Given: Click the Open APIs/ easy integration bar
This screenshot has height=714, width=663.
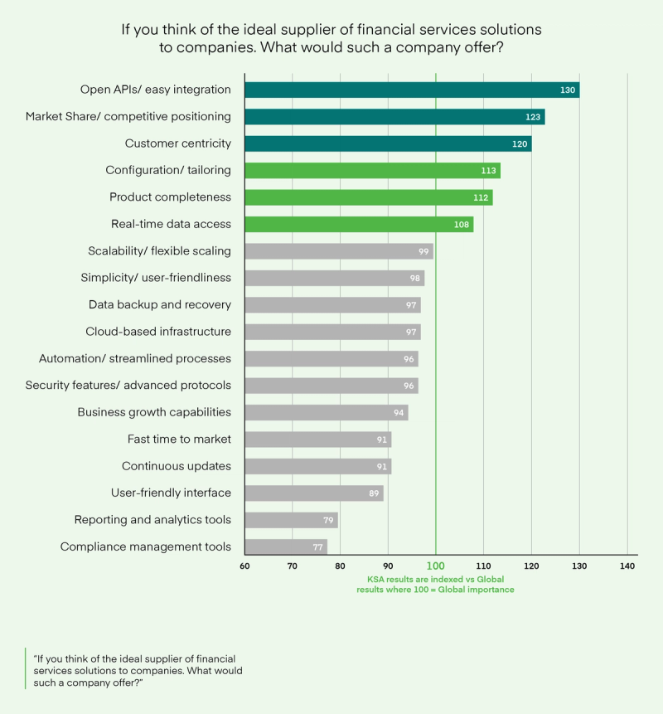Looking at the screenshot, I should click(412, 90).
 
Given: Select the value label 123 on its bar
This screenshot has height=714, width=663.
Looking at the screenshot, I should click(533, 117).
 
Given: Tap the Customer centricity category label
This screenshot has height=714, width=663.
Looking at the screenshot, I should click(178, 143).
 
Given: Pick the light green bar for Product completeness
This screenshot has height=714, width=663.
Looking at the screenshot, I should click(369, 197).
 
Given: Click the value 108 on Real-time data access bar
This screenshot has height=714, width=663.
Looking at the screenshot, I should click(462, 225).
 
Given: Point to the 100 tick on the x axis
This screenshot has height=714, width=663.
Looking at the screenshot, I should click(436, 566).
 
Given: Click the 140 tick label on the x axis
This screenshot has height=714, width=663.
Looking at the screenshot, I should click(627, 566).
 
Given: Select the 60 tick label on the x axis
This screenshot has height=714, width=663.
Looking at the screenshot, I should click(244, 566).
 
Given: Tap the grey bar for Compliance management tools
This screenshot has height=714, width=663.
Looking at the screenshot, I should click(286, 546).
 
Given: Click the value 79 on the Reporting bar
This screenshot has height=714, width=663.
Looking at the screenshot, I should click(328, 520).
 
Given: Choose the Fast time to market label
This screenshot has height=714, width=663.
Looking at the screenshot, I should click(179, 439).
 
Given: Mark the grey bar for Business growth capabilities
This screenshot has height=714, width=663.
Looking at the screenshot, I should click(327, 412).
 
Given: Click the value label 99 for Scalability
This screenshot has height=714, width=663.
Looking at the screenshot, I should click(423, 251).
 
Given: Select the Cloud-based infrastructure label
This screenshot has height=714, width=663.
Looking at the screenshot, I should click(158, 332).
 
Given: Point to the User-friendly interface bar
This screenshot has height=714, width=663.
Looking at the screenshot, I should click(314, 493).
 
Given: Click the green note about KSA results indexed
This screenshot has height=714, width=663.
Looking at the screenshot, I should click(436, 584).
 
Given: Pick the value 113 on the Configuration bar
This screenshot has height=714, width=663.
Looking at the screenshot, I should click(488, 171).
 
